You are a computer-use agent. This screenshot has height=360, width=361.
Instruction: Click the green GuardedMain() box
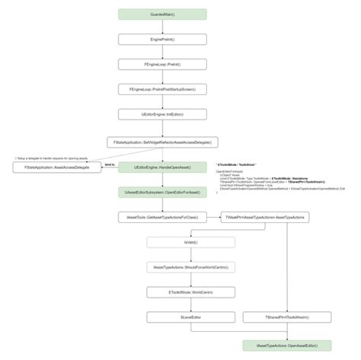pos(162,14)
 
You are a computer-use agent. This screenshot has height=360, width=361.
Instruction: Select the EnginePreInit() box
pos(162,39)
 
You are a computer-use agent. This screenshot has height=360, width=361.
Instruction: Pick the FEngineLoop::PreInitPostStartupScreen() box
pos(162,90)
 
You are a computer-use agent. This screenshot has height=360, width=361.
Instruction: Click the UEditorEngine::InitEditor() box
pos(162,115)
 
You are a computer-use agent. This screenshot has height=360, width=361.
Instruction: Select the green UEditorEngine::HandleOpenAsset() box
pos(162,167)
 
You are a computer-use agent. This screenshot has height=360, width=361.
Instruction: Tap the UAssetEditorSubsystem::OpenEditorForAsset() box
pos(162,193)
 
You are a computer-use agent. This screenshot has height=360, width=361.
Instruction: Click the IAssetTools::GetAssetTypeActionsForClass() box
pos(162,218)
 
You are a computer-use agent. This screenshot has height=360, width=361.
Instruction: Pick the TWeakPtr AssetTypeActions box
pos(264,218)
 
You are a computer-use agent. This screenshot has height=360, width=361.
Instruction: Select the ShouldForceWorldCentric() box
pos(190,267)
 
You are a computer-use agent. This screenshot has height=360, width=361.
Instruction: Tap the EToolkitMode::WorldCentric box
pos(190,292)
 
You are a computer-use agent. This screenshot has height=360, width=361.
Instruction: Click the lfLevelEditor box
pos(190,317)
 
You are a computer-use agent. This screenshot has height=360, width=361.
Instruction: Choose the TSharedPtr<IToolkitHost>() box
pos(287,317)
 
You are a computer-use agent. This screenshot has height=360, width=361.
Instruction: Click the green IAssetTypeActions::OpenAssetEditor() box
pos(287,345)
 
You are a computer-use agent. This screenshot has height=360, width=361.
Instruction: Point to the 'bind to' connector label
pos(109,163)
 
